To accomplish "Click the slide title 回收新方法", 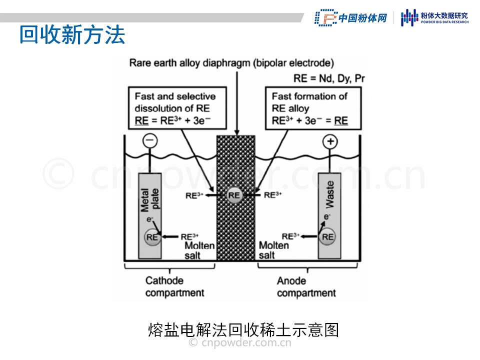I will coord(72,35).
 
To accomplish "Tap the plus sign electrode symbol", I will coord(329,141).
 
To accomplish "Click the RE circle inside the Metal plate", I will coord(152,237).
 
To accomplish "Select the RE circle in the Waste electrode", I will coord(328,237).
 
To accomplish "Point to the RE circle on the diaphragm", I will coord(234,195).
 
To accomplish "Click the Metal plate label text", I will coord(150,198).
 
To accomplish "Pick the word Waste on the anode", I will coord(329,195).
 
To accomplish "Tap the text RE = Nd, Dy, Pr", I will coord(329,78).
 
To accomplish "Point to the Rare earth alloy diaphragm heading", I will coord(231,63).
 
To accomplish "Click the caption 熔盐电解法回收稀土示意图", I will coord(243,330).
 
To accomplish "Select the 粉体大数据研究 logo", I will coord(435,17).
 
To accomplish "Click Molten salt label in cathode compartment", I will coord(199,250).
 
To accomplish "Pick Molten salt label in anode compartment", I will coord(273,250).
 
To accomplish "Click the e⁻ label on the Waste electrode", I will coord(327,217).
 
